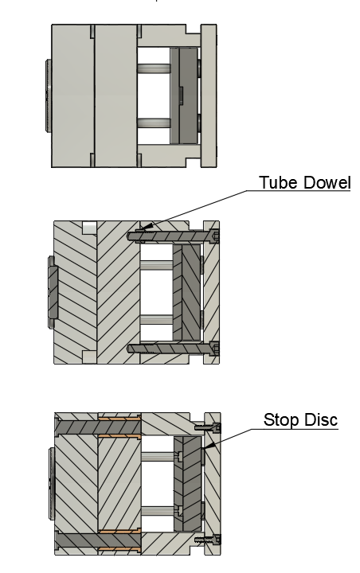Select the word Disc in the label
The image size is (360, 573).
coord(320,419)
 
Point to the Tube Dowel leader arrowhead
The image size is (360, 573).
coord(147,228)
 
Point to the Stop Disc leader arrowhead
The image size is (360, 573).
coord(207,446)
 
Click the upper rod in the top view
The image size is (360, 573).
coord(154,68)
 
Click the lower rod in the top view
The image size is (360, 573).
coord(154,123)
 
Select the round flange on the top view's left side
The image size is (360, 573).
coord(49,95)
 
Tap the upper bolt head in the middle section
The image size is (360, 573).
coord(215,236)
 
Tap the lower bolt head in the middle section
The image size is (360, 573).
coord(215,349)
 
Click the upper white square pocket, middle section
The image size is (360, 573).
coord(89,228)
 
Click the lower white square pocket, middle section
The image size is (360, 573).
coord(89,357)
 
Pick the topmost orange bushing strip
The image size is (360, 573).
coord(119,418)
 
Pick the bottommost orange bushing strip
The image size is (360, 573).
coord(119,549)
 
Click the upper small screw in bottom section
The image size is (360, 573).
coord(207,427)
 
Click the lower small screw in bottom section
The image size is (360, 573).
coord(207,540)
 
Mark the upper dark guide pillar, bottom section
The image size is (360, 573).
coord(98,427)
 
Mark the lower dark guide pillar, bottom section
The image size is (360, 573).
coord(98,540)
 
